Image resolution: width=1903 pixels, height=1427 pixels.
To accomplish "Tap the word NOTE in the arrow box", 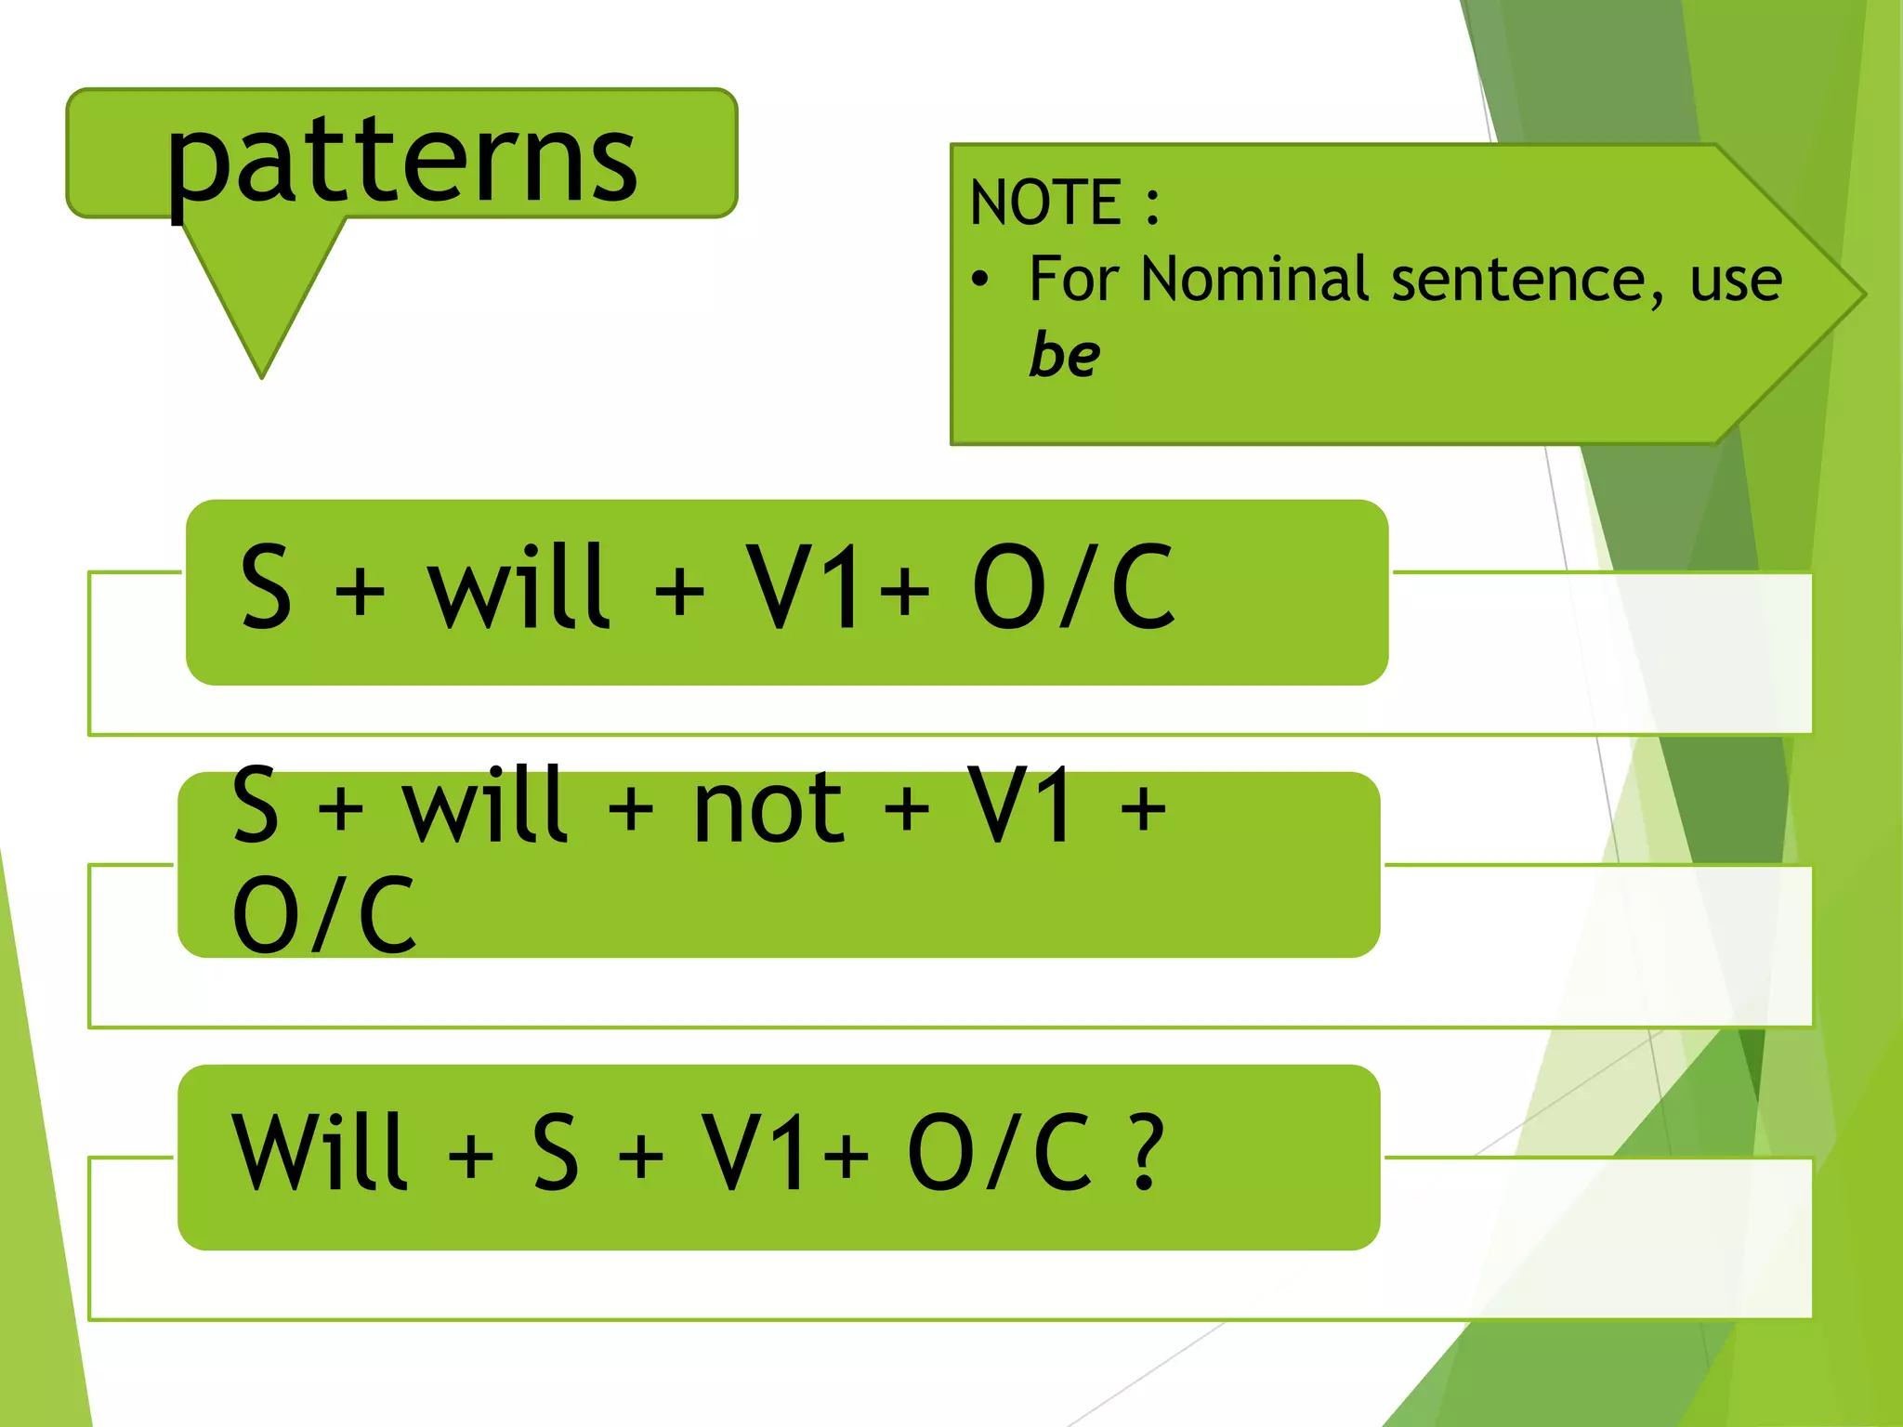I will click(1044, 203).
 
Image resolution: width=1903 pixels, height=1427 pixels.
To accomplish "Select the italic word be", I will click(1065, 354).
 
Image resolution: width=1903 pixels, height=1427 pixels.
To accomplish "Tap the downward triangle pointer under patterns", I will click(262, 297).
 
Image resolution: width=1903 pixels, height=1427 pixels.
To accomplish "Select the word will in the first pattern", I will click(517, 587).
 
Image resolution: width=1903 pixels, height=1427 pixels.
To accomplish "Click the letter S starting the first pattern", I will click(266, 587).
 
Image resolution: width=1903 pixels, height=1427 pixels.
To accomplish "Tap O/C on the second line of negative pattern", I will click(323, 916).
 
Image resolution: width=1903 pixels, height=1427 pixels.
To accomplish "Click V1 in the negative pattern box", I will click(1020, 806).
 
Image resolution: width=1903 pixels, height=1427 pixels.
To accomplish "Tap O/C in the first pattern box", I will click(1074, 587).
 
